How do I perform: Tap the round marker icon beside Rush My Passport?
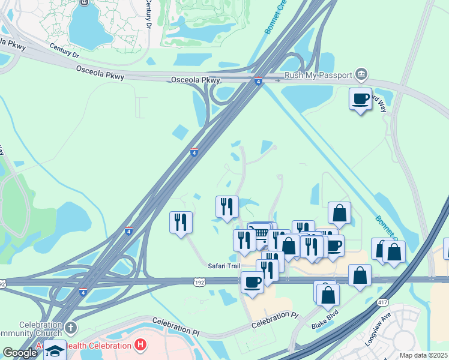tap(361, 75)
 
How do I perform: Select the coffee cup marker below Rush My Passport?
tap(360, 99)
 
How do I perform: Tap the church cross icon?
tap(70, 328)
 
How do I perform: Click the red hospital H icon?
tap(140, 345)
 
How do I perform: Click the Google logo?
tap(19, 352)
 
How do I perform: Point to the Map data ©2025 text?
tap(423, 355)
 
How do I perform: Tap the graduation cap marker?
tap(55, 350)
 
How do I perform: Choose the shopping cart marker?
tap(260, 233)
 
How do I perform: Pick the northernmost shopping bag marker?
tap(339, 212)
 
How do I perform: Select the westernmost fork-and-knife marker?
tap(181, 222)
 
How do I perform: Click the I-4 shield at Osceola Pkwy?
tap(258, 82)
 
